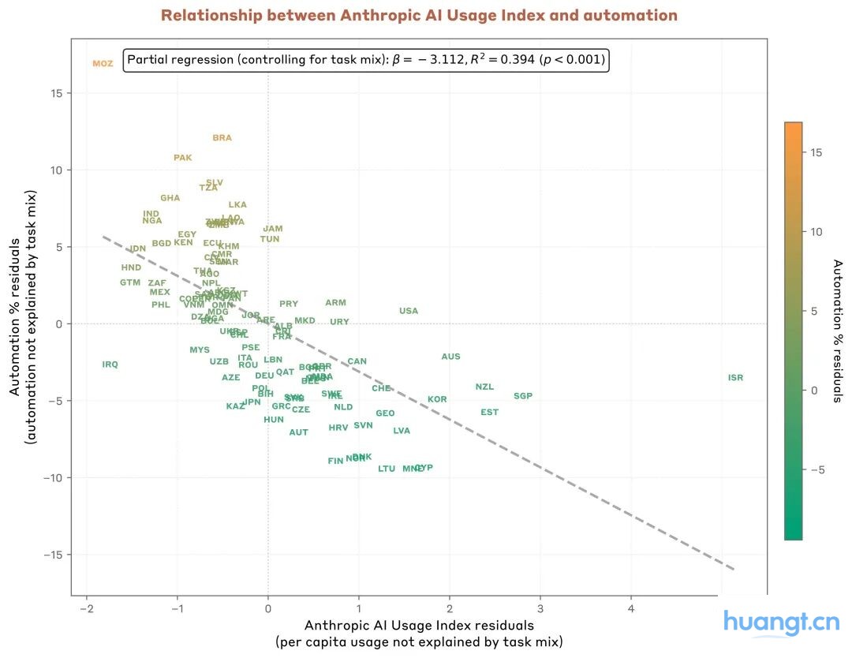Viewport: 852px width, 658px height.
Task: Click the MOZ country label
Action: coord(103,64)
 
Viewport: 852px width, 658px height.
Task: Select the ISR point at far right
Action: coord(735,378)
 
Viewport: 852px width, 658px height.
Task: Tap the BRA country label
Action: coord(222,138)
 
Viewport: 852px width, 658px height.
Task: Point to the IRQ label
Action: coord(110,365)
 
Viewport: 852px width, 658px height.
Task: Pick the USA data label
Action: coord(409,311)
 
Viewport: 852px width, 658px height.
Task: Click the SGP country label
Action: coord(523,396)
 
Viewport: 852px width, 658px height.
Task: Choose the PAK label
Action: coord(183,158)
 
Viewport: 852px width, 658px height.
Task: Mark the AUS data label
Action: coord(450,357)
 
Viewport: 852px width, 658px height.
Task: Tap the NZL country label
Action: coord(484,387)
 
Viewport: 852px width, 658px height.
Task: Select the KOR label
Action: coord(437,399)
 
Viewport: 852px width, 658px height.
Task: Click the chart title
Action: coord(419,16)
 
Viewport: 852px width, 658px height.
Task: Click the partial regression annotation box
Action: coord(366,60)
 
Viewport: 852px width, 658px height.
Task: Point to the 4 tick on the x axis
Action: coord(630,609)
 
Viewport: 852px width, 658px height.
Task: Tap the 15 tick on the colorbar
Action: coord(817,152)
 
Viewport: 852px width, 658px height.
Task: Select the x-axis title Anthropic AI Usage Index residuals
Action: coord(419,625)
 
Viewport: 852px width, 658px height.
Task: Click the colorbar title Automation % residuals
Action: coord(838,331)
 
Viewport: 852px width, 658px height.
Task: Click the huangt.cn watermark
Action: coord(781,623)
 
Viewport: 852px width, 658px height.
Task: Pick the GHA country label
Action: coord(170,198)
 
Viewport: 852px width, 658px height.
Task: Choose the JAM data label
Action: coord(273,229)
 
